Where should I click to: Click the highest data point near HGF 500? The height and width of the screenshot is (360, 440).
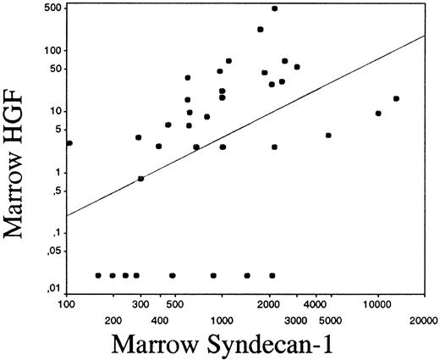pos(274,8)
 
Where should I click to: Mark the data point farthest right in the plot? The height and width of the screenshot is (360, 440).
pos(396,98)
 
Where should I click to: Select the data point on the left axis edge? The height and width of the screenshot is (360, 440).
pos(69,143)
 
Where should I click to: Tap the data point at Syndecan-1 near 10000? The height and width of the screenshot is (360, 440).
pos(378,114)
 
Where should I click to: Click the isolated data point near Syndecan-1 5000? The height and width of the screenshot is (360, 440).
pos(328,136)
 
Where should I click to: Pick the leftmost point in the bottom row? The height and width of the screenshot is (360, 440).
pos(98,275)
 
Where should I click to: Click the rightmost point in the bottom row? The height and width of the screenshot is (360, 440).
pos(272,275)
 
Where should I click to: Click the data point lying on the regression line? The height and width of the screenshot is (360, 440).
pos(140,179)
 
